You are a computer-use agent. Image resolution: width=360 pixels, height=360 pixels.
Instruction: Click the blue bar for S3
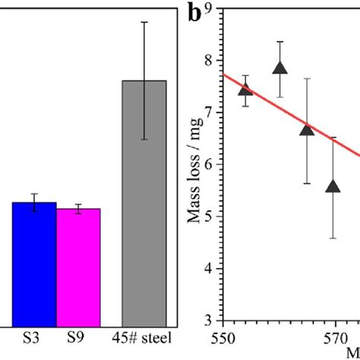point(34,262)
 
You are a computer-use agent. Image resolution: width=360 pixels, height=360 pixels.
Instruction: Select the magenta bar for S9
point(78,266)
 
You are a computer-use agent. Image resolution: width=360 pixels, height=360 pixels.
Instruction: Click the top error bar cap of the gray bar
point(144,22)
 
